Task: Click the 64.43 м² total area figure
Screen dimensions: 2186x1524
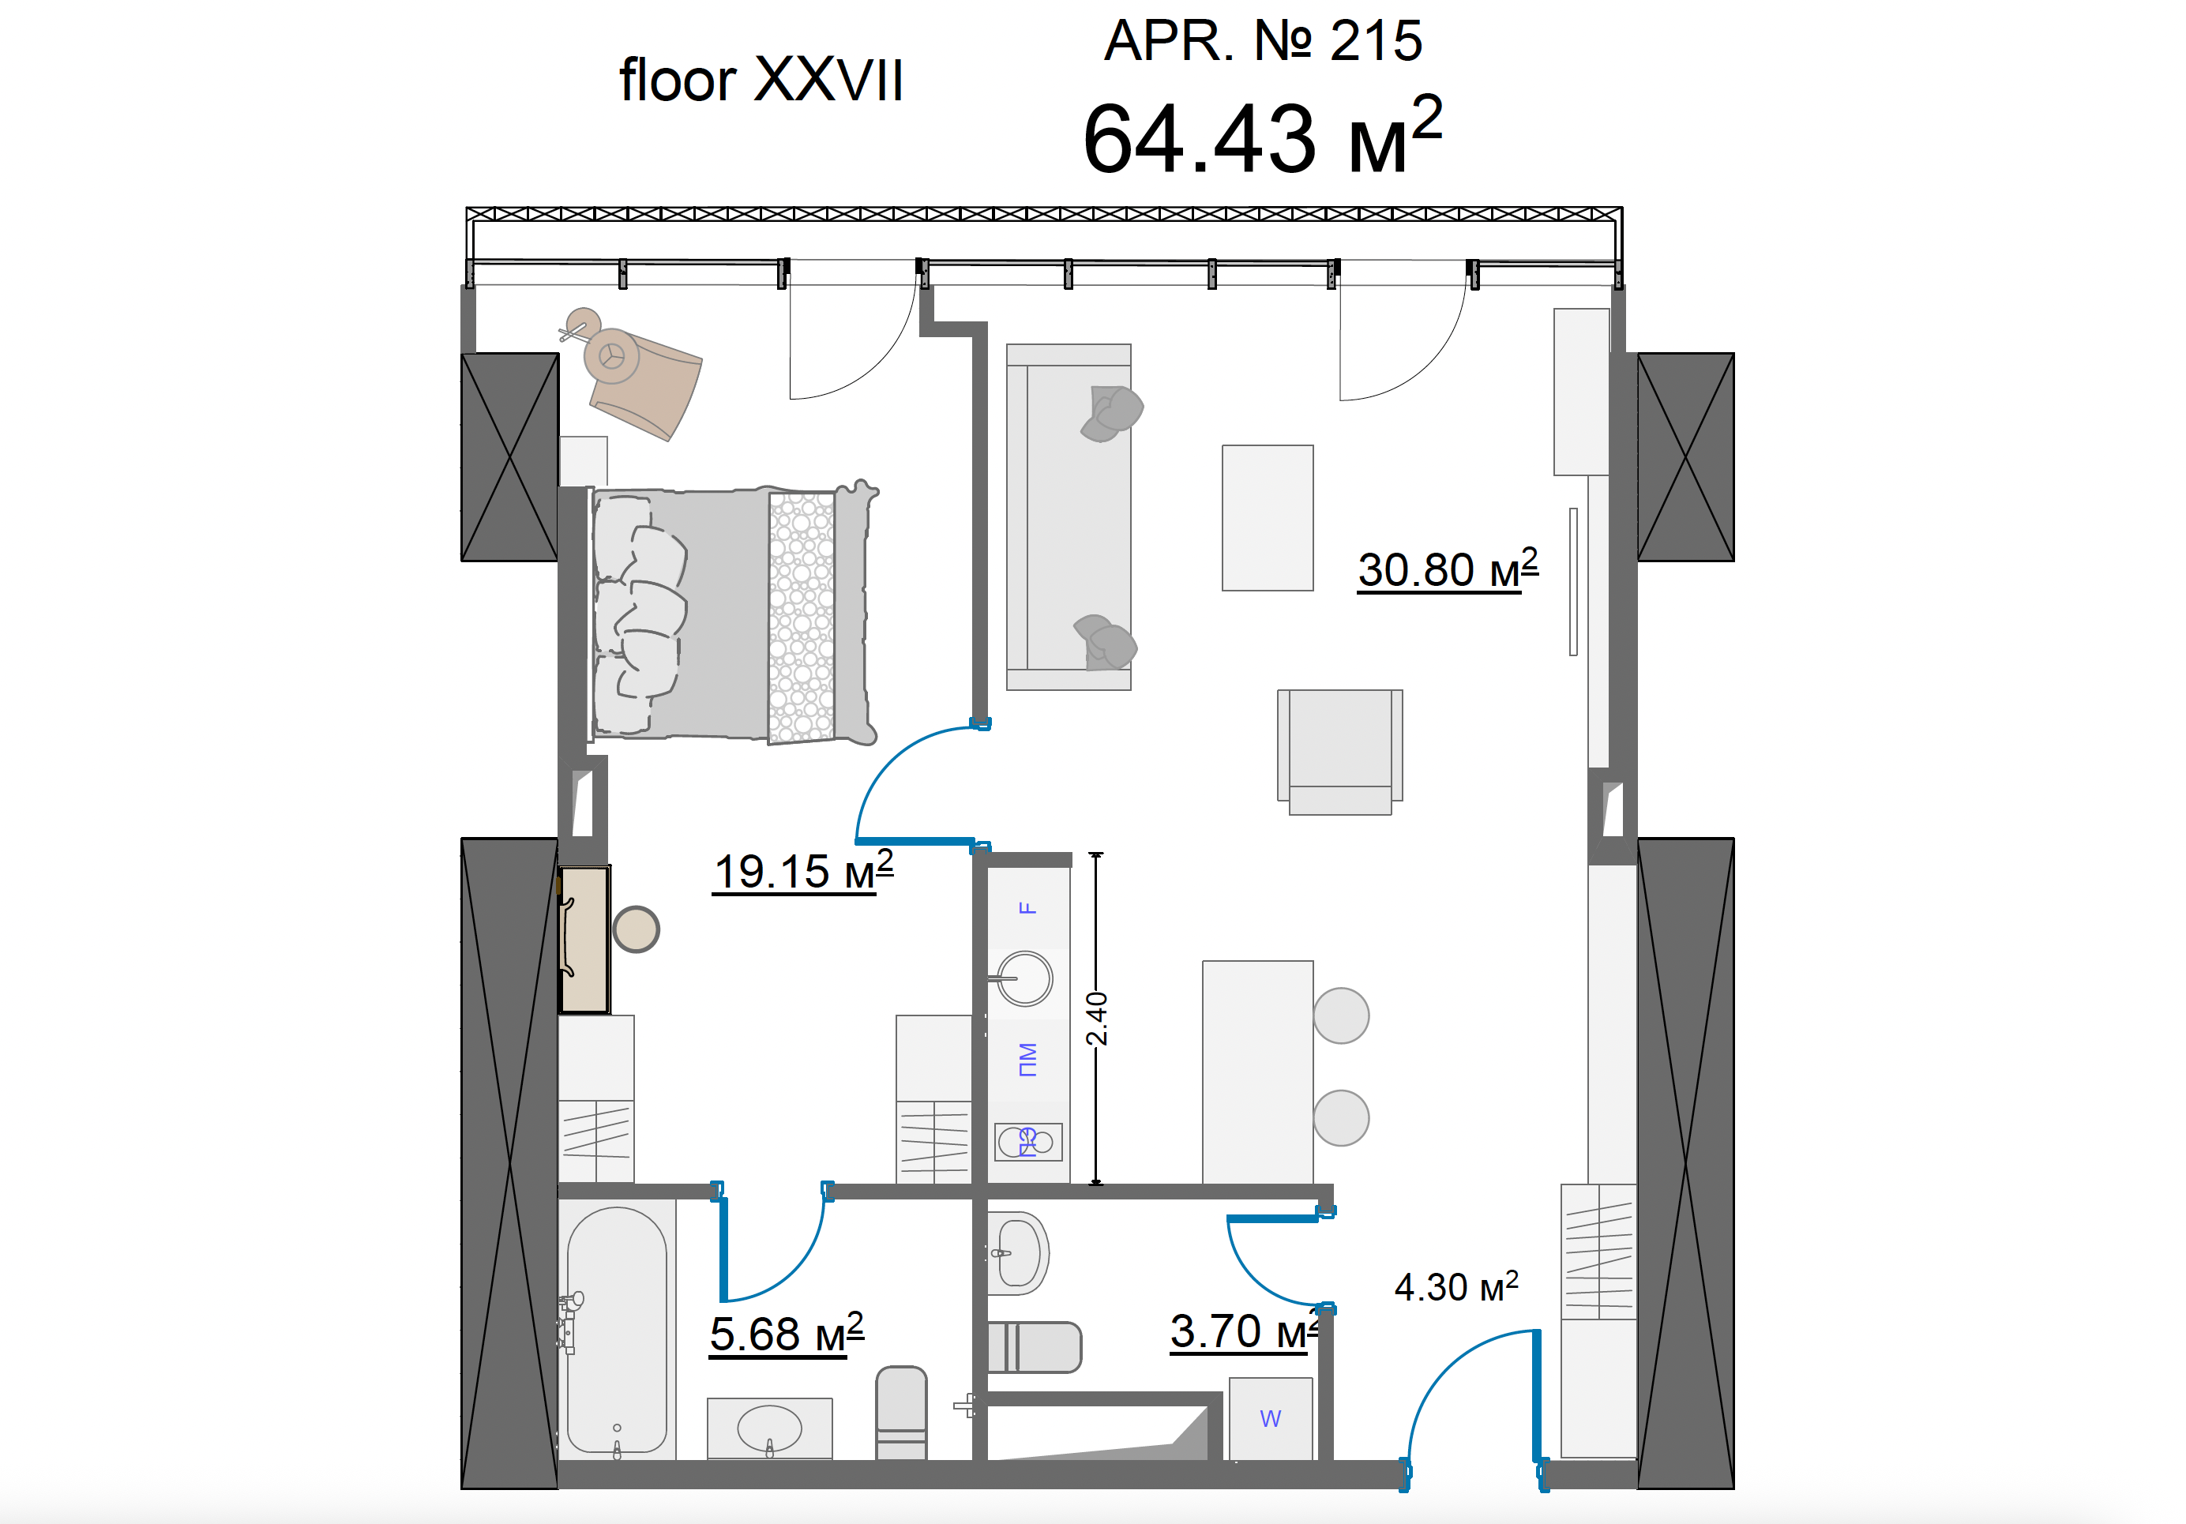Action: (1263, 136)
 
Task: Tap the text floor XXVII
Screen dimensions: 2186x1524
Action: (761, 79)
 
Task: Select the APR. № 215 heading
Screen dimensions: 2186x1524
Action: (1264, 41)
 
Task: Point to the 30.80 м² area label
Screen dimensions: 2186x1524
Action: (1447, 569)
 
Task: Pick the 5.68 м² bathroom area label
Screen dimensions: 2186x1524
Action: (787, 1333)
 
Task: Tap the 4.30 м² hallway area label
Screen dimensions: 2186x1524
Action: (1455, 1286)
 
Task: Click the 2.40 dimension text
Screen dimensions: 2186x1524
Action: (1097, 1019)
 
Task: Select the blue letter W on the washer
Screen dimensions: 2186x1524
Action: (1270, 1418)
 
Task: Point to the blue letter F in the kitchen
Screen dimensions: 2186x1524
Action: (1027, 908)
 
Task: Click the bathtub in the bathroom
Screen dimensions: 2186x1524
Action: (617, 1330)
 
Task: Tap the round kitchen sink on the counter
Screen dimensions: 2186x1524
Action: (1024, 978)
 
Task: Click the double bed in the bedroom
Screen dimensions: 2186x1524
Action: (733, 614)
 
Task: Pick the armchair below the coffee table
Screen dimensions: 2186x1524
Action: (1339, 752)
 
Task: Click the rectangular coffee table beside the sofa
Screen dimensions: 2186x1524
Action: (1268, 518)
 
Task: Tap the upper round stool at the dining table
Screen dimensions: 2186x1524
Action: (1340, 1015)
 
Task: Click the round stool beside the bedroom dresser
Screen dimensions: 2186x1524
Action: (636, 929)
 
